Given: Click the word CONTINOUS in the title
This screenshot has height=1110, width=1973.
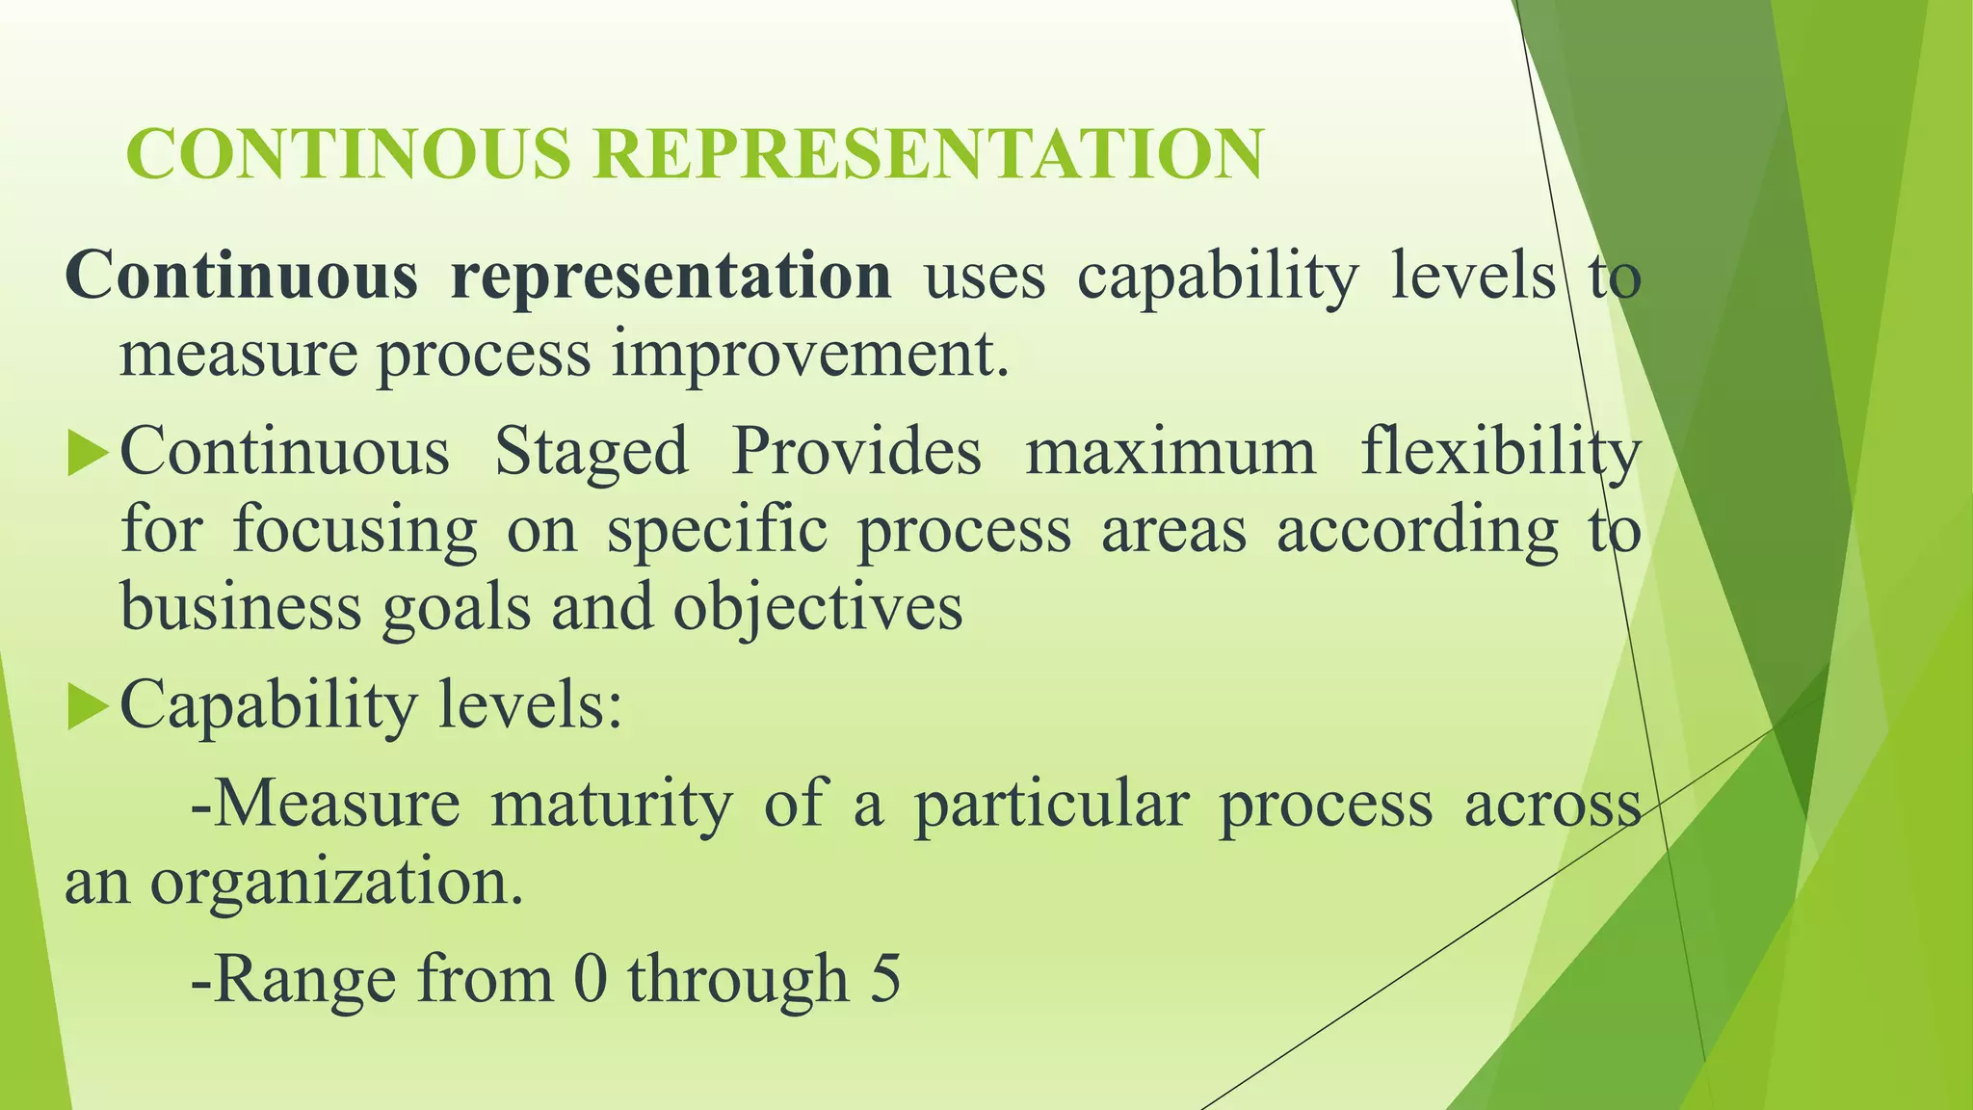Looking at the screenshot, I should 348,154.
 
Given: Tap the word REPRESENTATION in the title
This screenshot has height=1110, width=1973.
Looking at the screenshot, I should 927,154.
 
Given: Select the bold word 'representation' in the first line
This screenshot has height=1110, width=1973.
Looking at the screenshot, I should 671,277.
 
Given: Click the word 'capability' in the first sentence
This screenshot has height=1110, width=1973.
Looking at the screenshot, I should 1218,277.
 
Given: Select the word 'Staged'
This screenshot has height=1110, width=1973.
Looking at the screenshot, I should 592,451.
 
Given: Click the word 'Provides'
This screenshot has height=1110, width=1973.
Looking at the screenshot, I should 856,451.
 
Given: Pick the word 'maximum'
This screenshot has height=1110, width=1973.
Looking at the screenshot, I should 1171,451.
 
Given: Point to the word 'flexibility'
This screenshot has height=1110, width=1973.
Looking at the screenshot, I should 1501,451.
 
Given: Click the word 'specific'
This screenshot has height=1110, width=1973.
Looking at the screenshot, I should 717,530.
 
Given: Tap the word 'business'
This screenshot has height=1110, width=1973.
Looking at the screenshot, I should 241,607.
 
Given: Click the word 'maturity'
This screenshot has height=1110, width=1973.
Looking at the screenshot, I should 611,805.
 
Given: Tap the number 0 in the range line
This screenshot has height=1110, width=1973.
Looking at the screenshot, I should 590,978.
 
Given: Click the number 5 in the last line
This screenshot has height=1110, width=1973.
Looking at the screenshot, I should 885,978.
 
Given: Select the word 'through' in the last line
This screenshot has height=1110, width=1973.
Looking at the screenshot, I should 738,978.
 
